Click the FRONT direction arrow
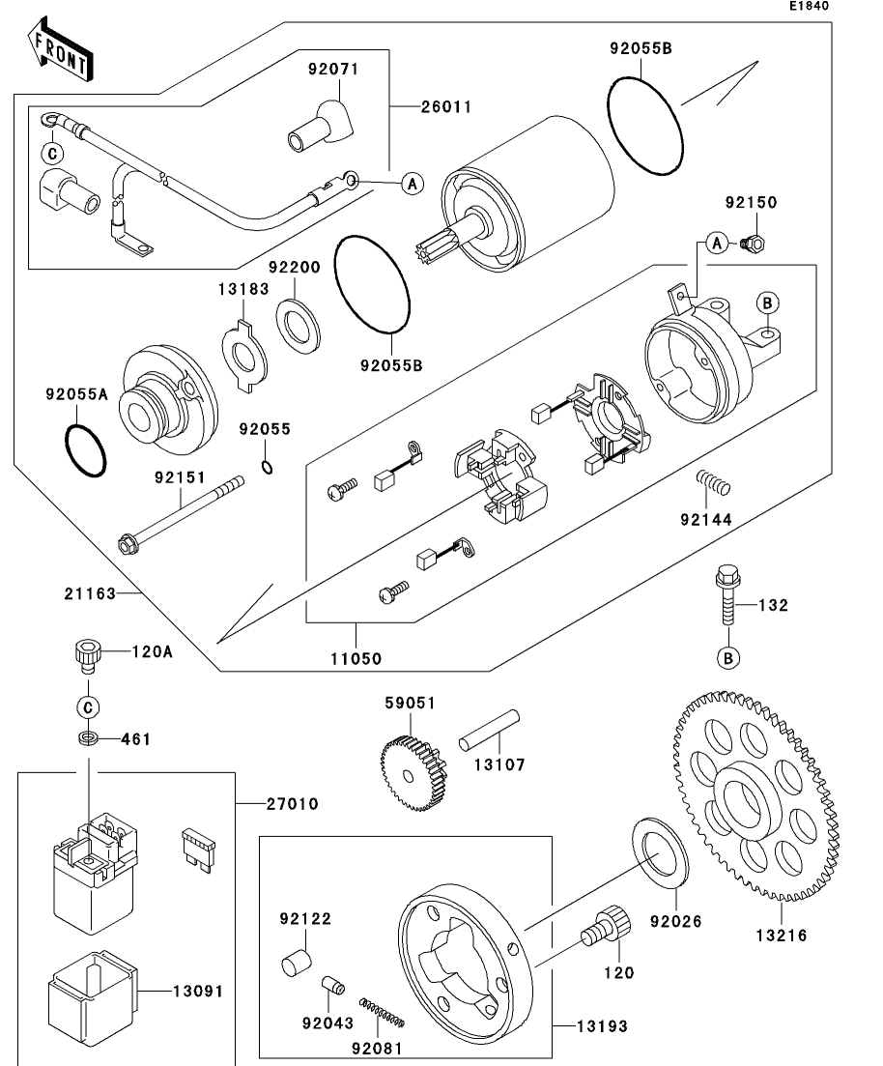tap(61, 52)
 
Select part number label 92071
tap(333, 70)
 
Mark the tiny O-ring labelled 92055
tap(268, 470)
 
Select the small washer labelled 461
tap(87, 739)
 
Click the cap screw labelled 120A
tap(86, 655)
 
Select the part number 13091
tap(193, 992)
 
